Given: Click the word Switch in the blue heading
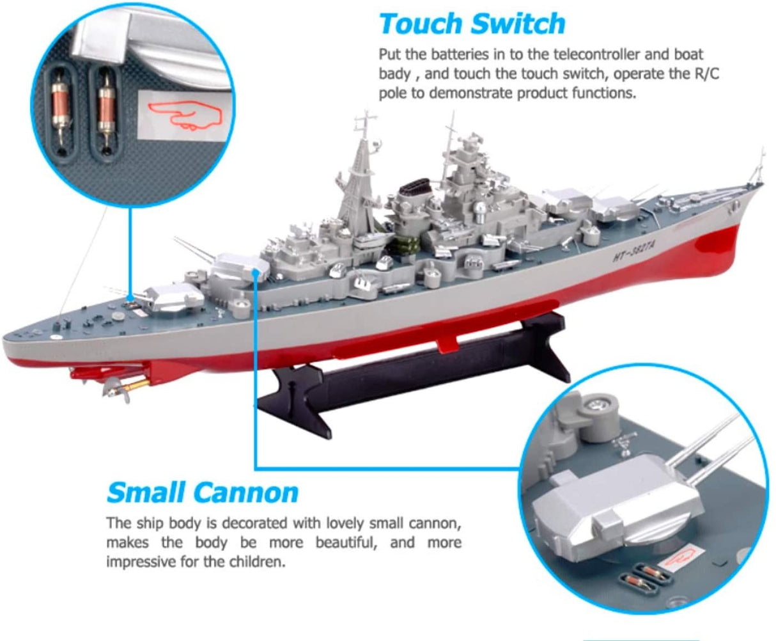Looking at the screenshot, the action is tap(518, 24).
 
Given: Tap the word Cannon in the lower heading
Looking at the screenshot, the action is tap(246, 493).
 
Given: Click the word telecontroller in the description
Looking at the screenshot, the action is tap(597, 54).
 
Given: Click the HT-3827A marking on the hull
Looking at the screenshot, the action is tap(633, 249).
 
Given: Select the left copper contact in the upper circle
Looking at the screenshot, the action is tap(60, 108).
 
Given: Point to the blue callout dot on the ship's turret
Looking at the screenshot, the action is tap(255, 273).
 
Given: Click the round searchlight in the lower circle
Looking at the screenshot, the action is tap(598, 404).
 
